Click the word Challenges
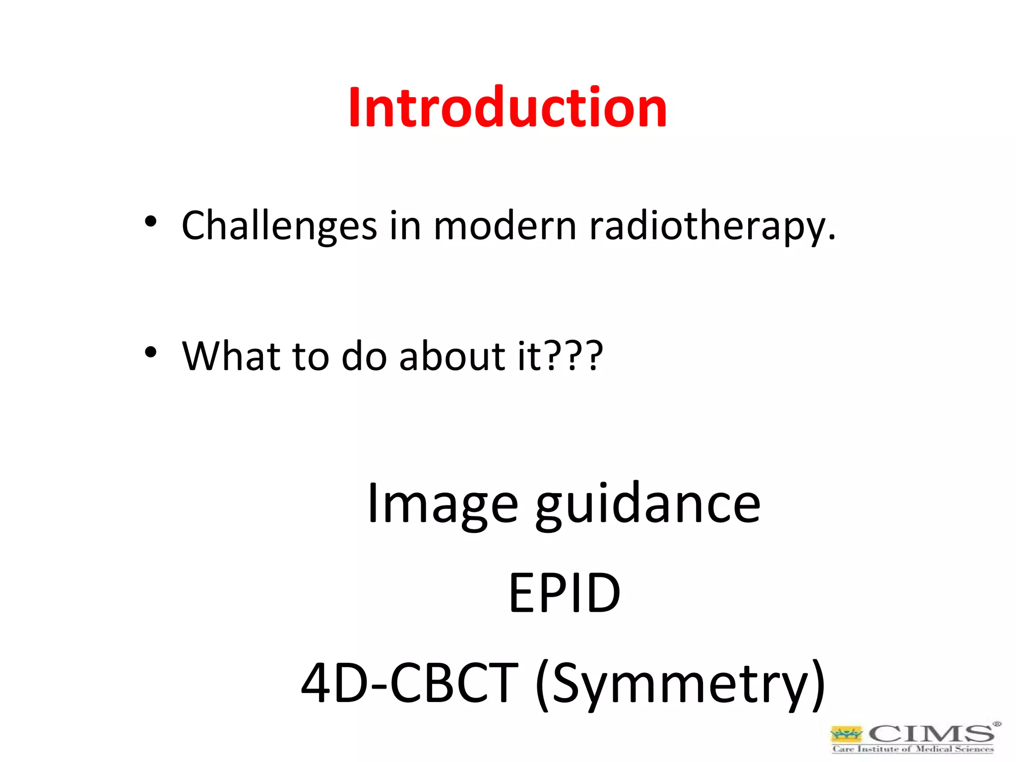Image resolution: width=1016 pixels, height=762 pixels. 279,226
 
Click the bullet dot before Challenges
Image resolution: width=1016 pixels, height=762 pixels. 151,222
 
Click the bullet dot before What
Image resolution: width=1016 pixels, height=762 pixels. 151,352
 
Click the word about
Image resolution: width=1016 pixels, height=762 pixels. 452,356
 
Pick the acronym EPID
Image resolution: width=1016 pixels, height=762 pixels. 565,593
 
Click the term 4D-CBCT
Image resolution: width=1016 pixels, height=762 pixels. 410,683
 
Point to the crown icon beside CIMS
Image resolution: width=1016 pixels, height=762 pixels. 846,734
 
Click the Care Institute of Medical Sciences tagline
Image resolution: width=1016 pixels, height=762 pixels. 913,749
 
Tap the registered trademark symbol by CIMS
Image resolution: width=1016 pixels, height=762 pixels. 997,724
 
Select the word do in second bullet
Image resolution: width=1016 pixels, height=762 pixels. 364,356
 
